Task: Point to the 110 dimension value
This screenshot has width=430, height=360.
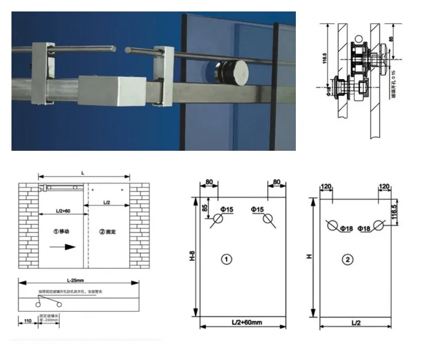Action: pos(27,322)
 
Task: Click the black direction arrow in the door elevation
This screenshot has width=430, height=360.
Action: pos(63,247)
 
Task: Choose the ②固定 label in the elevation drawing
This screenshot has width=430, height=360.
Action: pos(107,232)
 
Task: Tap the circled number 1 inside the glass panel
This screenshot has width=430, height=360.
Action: pos(227,259)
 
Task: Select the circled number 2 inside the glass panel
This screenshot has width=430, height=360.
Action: pos(347,260)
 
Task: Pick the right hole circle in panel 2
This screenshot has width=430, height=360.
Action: pos(378,225)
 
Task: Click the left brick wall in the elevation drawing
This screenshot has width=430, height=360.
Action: pos(28,226)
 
